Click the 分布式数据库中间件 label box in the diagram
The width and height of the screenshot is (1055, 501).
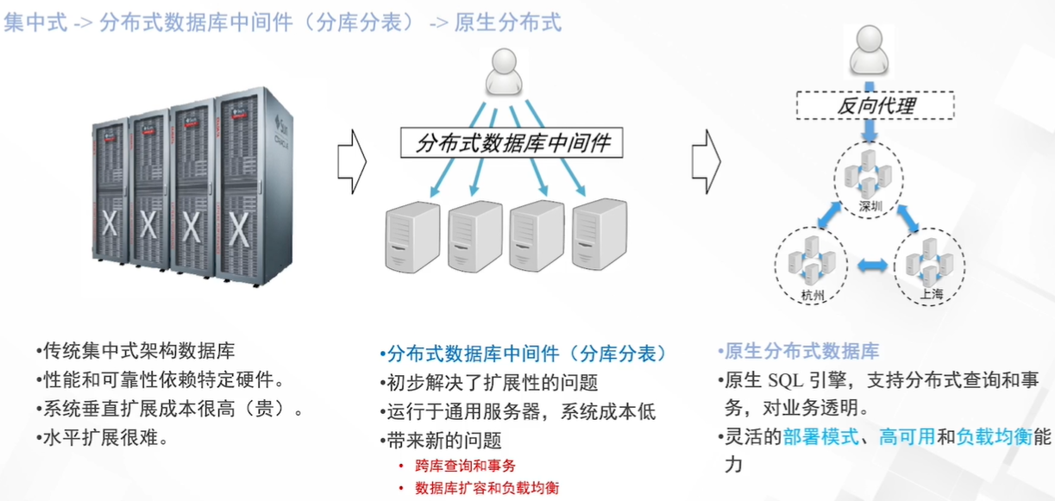pyautogui.click(x=512, y=142)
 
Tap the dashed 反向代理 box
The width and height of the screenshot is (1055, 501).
pyautogui.click(x=876, y=106)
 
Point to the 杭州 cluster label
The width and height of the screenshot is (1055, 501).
pyautogui.click(x=813, y=296)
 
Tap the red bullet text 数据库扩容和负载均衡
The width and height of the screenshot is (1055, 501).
pyautogui.click(x=487, y=488)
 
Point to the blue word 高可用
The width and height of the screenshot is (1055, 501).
pyautogui.click(x=907, y=437)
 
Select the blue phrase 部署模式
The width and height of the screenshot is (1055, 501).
pyautogui.click(x=820, y=437)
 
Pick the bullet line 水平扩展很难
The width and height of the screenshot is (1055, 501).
pyautogui.click(x=102, y=437)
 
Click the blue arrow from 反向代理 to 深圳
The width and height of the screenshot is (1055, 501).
pyautogui.click(x=870, y=133)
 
